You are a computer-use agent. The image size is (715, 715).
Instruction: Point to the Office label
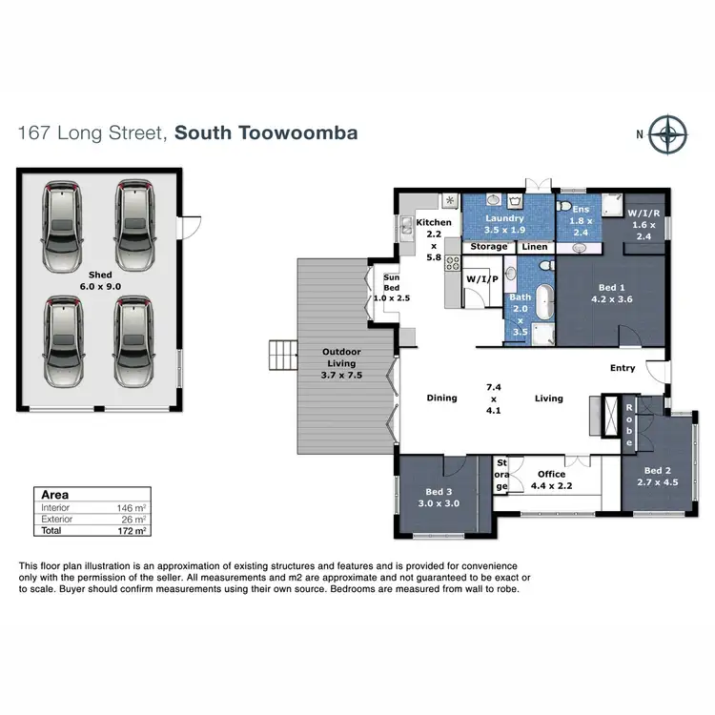tap(551, 474)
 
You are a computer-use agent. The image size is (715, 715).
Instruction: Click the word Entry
tap(623, 367)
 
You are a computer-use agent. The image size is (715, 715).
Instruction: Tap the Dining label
tap(442, 398)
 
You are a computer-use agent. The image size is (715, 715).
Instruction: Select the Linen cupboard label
tap(535, 247)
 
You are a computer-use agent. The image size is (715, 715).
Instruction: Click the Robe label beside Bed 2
tap(628, 426)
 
